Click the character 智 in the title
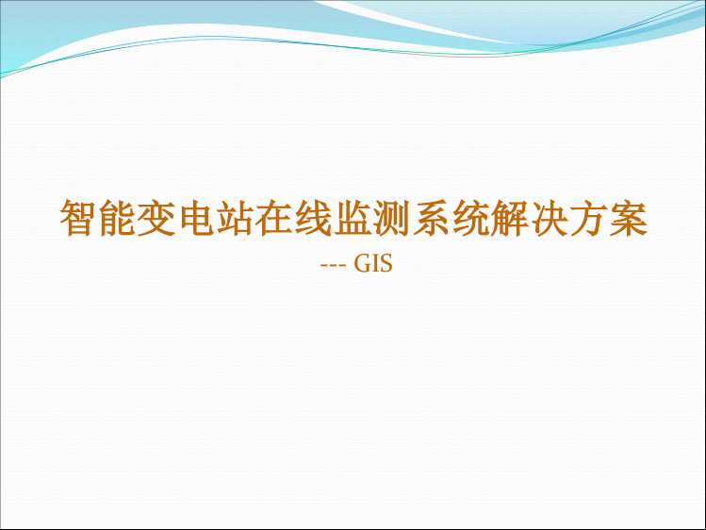click(x=79, y=219)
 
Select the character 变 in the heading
click(x=157, y=219)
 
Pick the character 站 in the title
click(x=236, y=219)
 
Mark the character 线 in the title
click(x=314, y=219)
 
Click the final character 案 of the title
click(x=628, y=219)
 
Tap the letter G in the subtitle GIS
click(x=363, y=263)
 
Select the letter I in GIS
click(x=377, y=263)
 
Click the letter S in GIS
click(x=386, y=263)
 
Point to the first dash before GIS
click(x=323, y=266)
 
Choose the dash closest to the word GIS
click(x=343, y=266)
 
